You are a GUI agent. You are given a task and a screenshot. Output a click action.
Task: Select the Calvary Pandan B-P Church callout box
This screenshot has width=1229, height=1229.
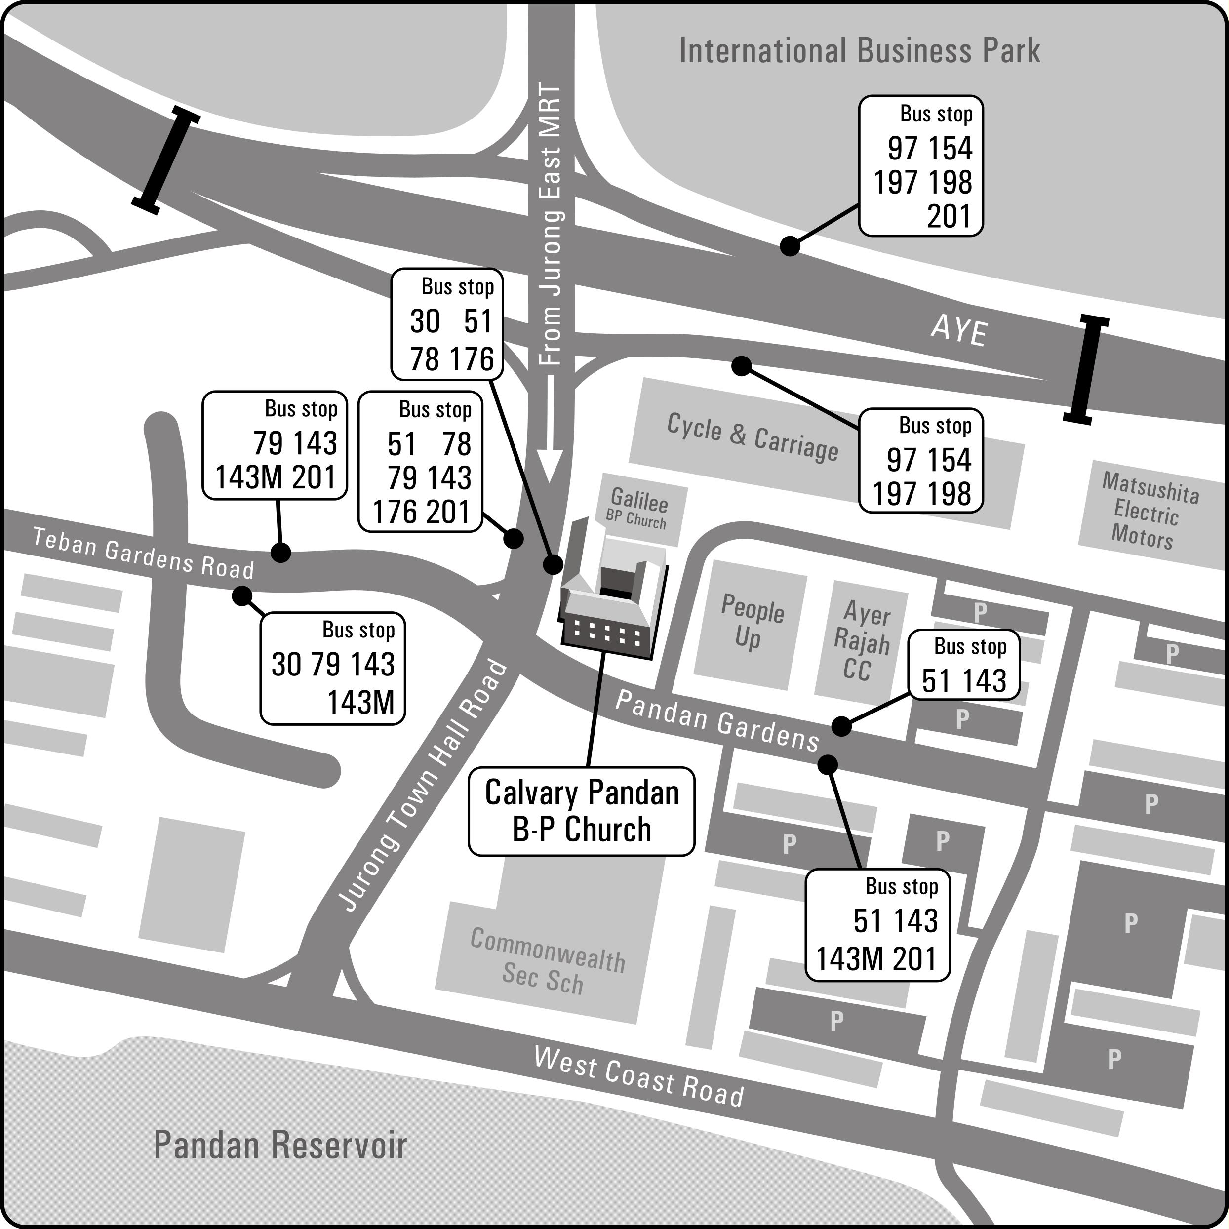click(x=582, y=811)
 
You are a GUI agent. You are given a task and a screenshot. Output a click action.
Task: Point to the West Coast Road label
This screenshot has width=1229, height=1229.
click(x=638, y=1077)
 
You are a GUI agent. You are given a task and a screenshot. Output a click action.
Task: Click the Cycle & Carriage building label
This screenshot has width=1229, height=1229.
click(x=753, y=437)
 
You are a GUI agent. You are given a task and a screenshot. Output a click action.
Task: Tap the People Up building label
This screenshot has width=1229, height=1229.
click(x=751, y=622)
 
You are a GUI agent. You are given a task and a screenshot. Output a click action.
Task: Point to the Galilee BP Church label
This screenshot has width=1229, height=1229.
click(x=638, y=507)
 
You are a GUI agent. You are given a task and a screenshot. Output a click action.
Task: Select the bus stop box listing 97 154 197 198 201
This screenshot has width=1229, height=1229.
click(x=920, y=166)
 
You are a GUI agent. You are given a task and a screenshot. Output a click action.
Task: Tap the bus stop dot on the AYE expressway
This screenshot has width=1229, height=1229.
click(x=790, y=246)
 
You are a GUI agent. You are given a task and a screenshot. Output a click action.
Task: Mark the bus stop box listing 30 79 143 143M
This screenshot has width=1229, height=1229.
click(x=333, y=668)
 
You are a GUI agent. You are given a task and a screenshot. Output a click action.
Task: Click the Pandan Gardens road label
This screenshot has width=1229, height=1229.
click(x=717, y=721)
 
